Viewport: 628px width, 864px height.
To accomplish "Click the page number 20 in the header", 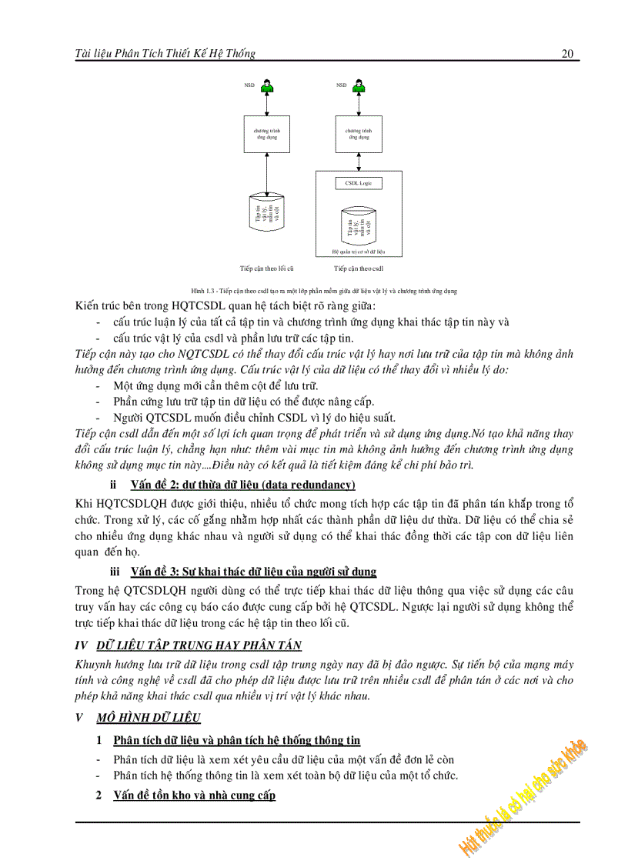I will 568,53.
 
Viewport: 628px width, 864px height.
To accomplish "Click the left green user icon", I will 267,86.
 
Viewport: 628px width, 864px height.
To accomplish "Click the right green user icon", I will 359,86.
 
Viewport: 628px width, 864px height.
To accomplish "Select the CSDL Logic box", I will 359,182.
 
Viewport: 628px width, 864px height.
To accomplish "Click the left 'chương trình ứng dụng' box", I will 267,134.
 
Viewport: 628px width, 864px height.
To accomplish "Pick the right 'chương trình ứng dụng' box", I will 359,134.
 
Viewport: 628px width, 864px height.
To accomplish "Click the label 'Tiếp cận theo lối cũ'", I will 266,269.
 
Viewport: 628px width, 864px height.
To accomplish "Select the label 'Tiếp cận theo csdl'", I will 359,269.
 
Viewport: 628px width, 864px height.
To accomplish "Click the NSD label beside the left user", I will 249,85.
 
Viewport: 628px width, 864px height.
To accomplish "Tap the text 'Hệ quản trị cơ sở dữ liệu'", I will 359,251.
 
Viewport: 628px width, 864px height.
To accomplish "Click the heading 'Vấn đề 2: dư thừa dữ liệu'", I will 242,484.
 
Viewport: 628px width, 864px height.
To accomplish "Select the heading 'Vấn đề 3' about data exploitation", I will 253,572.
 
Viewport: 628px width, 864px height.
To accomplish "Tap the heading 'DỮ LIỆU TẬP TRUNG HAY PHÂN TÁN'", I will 199,645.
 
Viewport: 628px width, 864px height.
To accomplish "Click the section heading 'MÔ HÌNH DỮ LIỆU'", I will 149,717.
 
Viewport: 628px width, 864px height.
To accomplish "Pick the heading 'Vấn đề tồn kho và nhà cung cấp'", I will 194,795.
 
